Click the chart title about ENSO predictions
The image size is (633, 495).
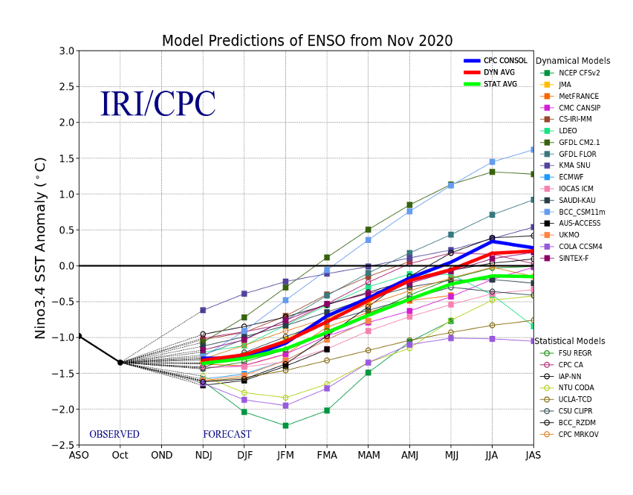pos(307,40)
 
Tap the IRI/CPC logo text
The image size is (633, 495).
pos(158,104)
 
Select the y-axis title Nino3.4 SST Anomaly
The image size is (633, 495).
pos(42,248)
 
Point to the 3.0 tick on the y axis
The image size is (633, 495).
pos(65,51)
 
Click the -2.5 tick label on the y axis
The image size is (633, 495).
pos(62,445)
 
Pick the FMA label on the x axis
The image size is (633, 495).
pos(327,456)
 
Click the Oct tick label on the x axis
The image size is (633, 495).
pos(120,456)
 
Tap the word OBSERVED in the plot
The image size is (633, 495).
pos(114,435)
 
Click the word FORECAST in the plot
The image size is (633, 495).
pos(227,435)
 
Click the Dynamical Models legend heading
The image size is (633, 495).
pos(573,61)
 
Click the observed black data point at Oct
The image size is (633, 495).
pos(120,362)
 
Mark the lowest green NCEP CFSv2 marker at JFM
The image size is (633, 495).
pos(285,425)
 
